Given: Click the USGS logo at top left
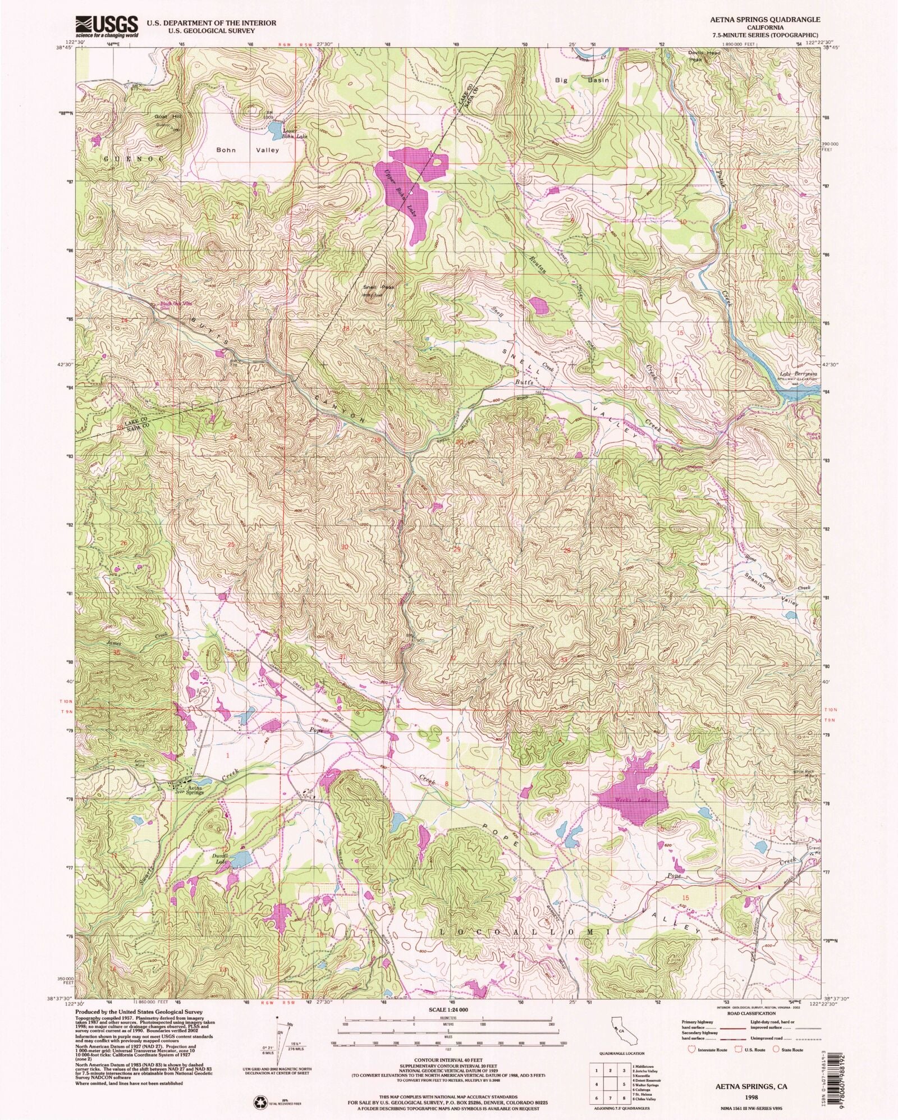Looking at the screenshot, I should [x=107, y=26].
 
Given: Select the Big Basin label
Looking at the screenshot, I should [x=581, y=80].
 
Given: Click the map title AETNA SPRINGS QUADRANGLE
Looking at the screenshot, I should [x=769, y=19].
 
